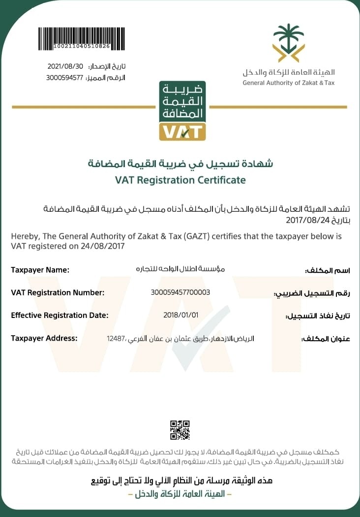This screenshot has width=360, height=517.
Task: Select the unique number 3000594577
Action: pyautogui.click(x=65, y=77)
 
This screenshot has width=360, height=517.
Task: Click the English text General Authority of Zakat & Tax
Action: pyautogui.click(x=288, y=83)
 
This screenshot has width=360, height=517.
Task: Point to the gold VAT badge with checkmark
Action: pyautogui.click(x=182, y=131)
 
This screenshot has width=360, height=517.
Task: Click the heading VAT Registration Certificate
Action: pyautogui.click(x=180, y=180)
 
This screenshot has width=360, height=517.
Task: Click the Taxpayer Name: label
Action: pyautogui.click(x=40, y=270)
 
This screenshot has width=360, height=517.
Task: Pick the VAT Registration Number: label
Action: pyautogui.click(x=58, y=292)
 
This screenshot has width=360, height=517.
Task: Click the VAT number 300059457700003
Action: pyautogui.click(x=180, y=292)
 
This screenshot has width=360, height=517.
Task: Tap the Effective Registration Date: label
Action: pyautogui.click(x=60, y=315)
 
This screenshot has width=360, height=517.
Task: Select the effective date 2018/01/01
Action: pyautogui.click(x=180, y=315)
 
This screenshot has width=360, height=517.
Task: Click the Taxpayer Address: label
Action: pyautogui.click(x=44, y=338)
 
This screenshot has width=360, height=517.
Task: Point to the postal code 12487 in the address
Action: pyautogui.click(x=116, y=338)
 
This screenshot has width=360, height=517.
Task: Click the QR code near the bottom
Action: pyautogui.click(x=180, y=430)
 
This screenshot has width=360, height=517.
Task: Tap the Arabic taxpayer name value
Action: pyautogui.click(x=181, y=269)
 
